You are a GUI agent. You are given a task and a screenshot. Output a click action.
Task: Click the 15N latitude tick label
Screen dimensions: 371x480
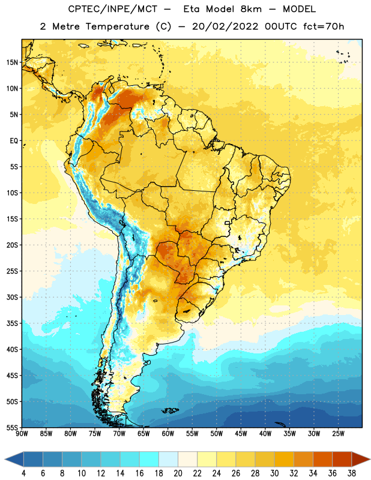pyautogui.click(x=12, y=62)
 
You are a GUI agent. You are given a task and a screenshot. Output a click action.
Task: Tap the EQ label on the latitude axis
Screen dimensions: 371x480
pyautogui.click(x=14, y=141)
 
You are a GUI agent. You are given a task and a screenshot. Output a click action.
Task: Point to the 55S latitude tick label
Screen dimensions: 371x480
pyautogui.click(x=12, y=427)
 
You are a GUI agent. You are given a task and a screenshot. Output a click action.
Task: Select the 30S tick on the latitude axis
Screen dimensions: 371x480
pyautogui.click(x=12, y=297)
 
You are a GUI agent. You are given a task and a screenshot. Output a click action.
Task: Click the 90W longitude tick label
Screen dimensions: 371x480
pyautogui.click(x=22, y=434)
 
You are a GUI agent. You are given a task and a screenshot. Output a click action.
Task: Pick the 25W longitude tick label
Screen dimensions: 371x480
pyautogui.click(x=338, y=434)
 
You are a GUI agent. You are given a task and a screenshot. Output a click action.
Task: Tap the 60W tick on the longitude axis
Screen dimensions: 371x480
pyautogui.click(x=168, y=434)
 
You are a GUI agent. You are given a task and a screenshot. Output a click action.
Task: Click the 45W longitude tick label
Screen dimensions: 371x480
pyautogui.click(x=241, y=434)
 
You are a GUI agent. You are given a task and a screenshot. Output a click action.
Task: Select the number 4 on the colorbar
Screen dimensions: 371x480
pyautogui.click(x=23, y=473)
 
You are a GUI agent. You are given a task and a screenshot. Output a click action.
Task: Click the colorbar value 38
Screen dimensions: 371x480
pyautogui.click(x=352, y=473)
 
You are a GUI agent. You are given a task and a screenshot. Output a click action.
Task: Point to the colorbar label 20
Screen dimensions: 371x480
pyautogui.click(x=178, y=473)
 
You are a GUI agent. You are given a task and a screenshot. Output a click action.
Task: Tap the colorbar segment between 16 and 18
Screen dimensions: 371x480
pyautogui.click(x=149, y=460)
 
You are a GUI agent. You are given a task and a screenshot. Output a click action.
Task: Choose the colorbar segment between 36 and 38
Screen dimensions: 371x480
pyautogui.click(x=342, y=460)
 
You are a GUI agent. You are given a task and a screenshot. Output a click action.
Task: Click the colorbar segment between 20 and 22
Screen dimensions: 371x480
pyautogui.click(x=187, y=460)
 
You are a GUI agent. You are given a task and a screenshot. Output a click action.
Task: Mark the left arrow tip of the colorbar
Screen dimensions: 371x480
pyautogui.click(x=5, y=460)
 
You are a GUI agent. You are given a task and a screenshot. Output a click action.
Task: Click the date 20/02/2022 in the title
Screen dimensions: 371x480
pyautogui.click(x=225, y=26)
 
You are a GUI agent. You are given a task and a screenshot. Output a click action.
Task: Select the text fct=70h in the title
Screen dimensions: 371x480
pyautogui.click(x=324, y=26)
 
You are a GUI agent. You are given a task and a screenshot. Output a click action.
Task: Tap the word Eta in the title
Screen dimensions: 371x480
pyautogui.click(x=192, y=9)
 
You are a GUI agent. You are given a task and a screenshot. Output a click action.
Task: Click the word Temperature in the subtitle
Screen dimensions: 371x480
pyautogui.click(x=117, y=27)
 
